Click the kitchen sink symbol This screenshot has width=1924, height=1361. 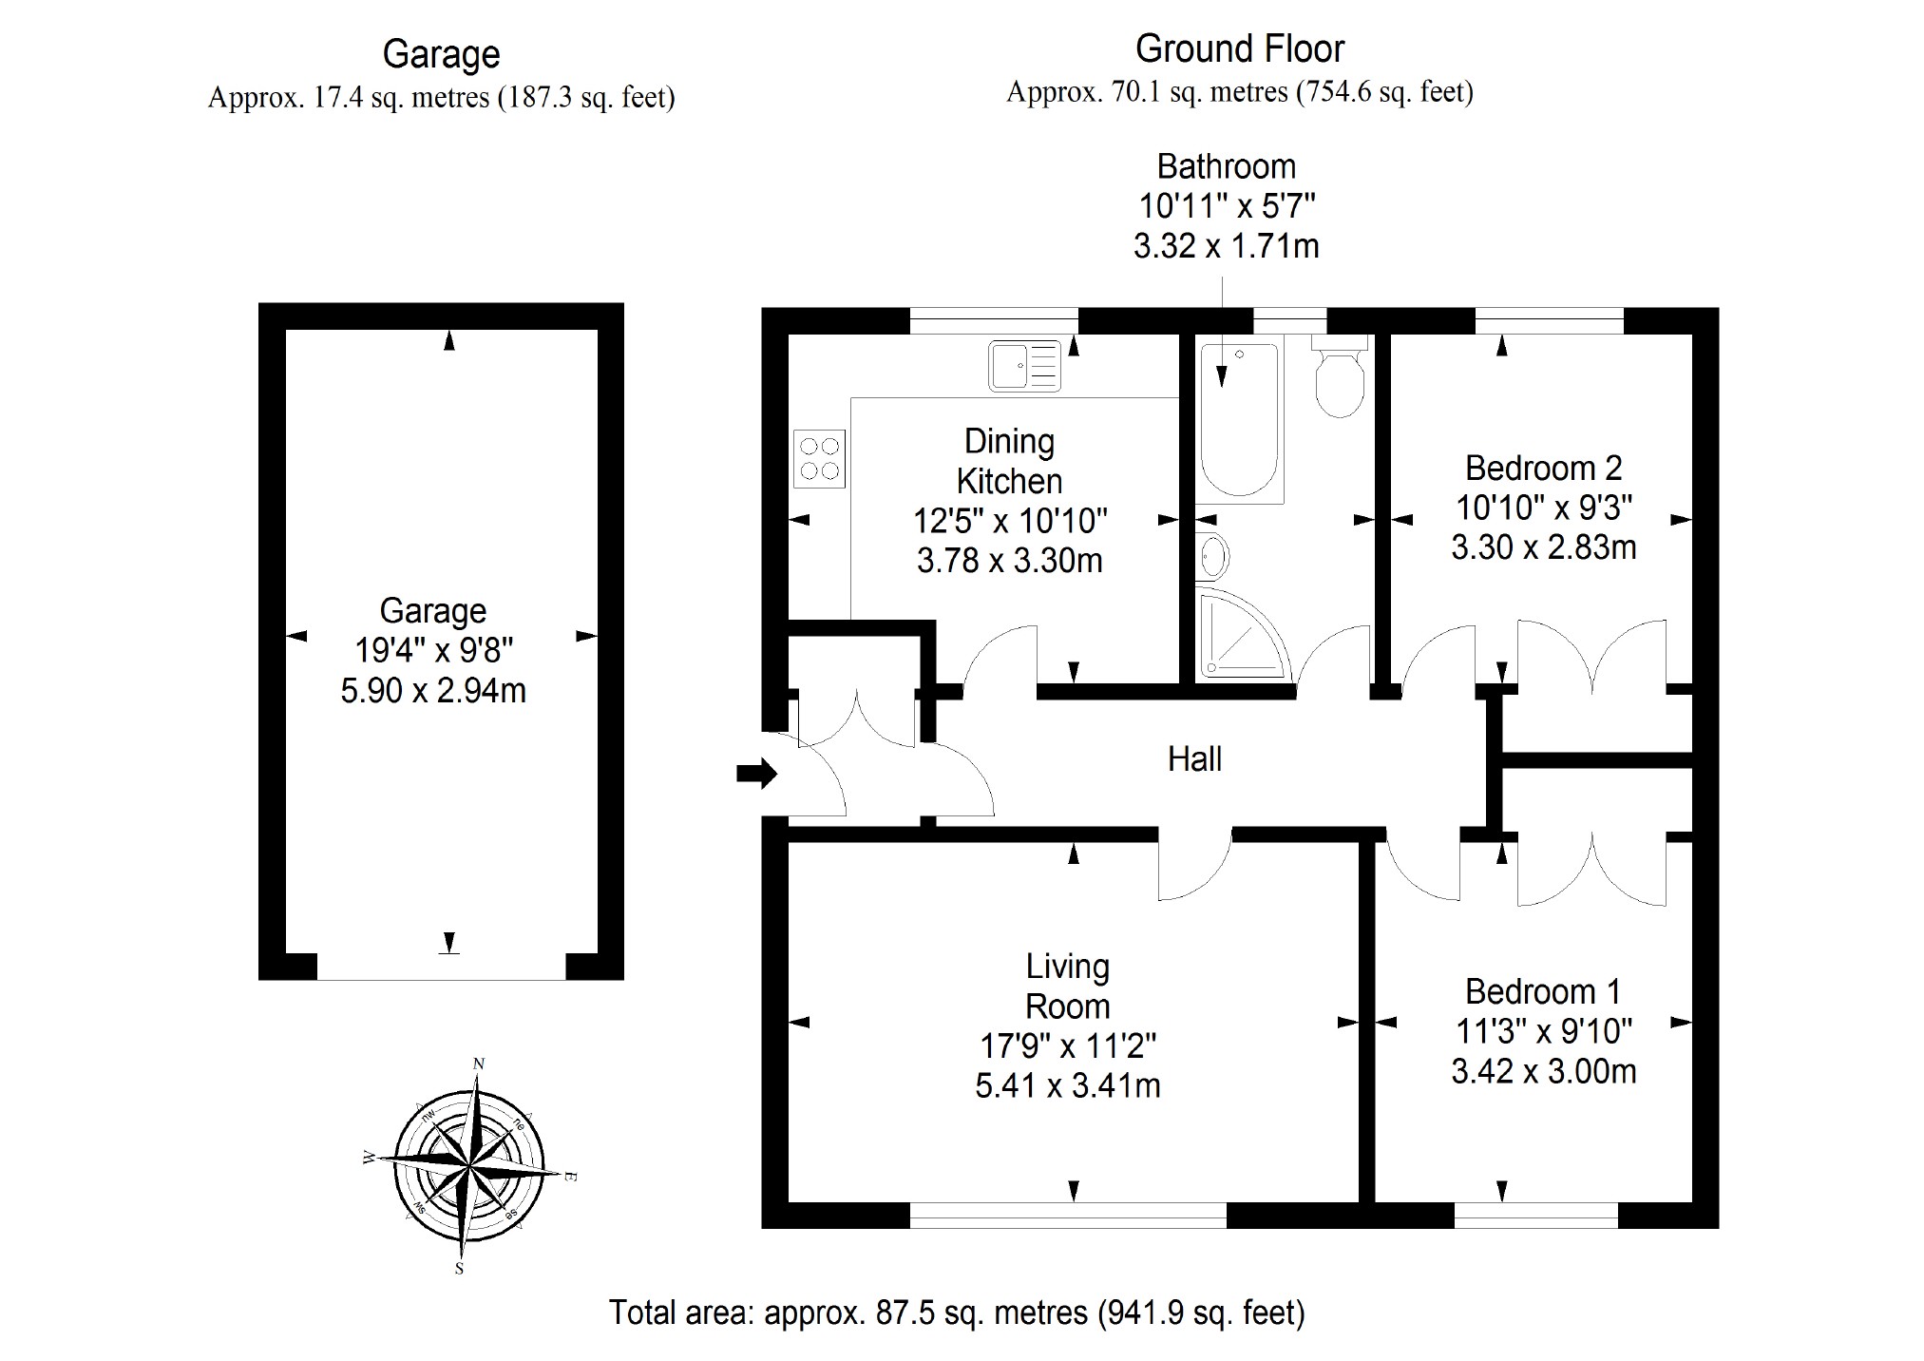[x=1024, y=365]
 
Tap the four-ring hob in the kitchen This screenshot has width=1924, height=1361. [x=819, y=458]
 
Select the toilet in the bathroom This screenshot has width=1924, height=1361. [x=1340, y=380]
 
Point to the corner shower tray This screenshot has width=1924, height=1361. [x=1240, y=633]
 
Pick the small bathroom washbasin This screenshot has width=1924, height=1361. [x=1213, y=556]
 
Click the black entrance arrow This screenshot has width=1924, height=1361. [x=756, y=774]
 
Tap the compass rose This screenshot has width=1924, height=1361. [x=469, y=1165]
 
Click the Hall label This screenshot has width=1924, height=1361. [x=1194, y=758]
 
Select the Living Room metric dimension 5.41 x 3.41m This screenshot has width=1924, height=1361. [x=1068, y=1085]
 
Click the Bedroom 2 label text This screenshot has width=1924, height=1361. [x=1543, y=468]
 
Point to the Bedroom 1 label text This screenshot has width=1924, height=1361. [x=1543, y=991]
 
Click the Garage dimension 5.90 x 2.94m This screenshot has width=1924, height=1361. [x=433, y=691]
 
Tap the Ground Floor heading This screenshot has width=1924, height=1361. [x=1240, y=48]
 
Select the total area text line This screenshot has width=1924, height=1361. [x=957, y=1313]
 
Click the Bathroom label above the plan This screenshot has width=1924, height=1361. [x=1226, y=166]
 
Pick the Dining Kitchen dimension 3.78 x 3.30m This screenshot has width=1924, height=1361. [x=1009, y=561]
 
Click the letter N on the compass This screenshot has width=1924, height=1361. [x=479, y=1064]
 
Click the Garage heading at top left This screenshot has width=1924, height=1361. [x=441, y=54]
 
